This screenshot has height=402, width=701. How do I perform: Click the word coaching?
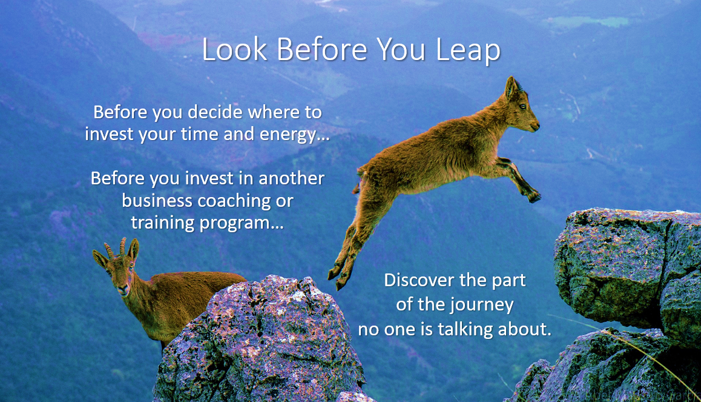click(244, 201)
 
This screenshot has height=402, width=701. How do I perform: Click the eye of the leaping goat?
click(522, 107)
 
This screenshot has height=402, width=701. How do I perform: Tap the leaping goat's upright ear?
click(512, 87)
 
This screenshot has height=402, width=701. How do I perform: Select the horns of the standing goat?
click(115, 247)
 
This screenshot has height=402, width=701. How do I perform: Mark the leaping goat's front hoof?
click(533, 196)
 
